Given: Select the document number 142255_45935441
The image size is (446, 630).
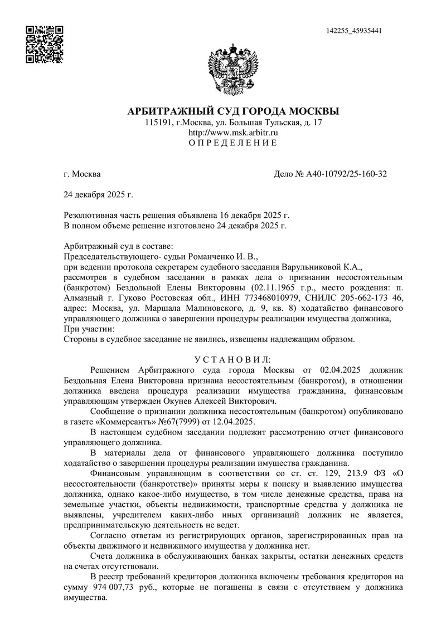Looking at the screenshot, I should click(x=354, y=31).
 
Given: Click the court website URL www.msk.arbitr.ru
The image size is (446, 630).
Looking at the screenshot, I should click(x=234, y=133).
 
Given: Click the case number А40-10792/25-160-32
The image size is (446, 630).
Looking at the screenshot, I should click(x=346, y=174).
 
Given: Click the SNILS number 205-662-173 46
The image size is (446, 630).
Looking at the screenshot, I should click(x=353, y=297).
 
